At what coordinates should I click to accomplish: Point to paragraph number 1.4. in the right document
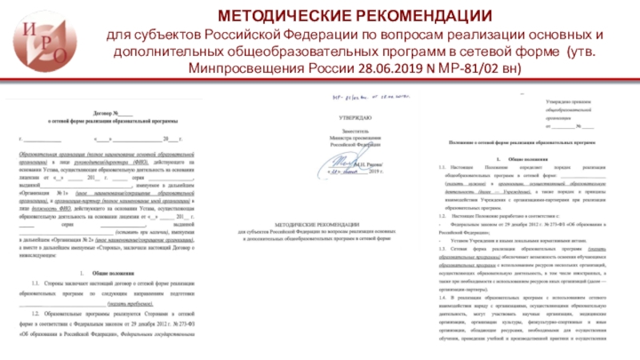(446, 297)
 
